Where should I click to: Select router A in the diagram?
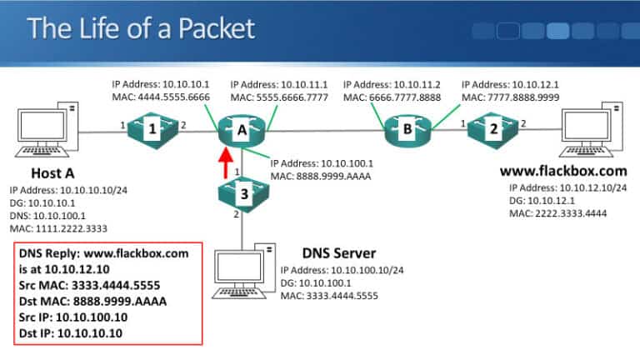[x=242, y=129]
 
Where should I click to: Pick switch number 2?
[x=492, y=128]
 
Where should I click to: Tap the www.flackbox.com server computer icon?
[x=592, y=130]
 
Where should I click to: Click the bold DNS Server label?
[x=338, y=253]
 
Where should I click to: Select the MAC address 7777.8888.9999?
[x=510, y=97]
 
